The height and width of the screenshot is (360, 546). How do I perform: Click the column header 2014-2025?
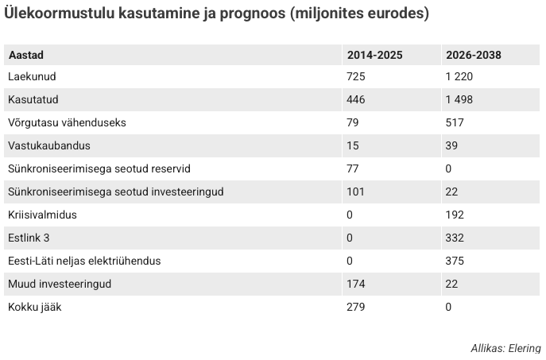(x=374, y=55)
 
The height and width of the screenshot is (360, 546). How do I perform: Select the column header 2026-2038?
(x=474, y=55)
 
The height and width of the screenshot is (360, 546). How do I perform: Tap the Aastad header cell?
(x=26, y=55)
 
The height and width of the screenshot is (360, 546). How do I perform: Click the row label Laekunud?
(x=32, y=76)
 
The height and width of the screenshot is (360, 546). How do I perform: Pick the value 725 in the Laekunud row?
(x=356, y=76)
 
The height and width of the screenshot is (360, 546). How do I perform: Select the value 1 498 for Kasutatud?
(x=459, y=99)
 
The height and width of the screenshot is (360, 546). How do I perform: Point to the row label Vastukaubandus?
(x=49, y=145)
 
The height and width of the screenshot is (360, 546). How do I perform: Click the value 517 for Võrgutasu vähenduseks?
(x=455, y=122)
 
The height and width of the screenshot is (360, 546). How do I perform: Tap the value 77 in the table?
(x=353, y=168)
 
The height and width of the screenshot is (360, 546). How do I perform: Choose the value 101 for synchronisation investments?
(x=355, y=192)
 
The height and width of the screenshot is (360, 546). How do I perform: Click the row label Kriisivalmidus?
(x=42, y=215)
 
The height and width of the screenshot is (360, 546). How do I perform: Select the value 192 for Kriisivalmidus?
(x=455, y=215)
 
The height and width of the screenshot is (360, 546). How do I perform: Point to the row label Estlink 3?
(x=29, y=238)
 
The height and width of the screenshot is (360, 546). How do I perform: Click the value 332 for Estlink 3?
(x=455, y=238)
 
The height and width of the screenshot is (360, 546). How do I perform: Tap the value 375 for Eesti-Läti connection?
(x=455, y=261)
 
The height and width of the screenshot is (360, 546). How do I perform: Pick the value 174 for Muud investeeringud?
(x=356, y=284)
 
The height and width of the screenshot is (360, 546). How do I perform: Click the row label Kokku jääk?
(x=35, y=307)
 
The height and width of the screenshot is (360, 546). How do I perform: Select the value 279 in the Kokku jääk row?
(x=356, y=307)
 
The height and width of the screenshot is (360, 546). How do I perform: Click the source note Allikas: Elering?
(x=506, y=348)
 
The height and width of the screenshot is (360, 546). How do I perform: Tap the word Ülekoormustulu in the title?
(x=59, y=14)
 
